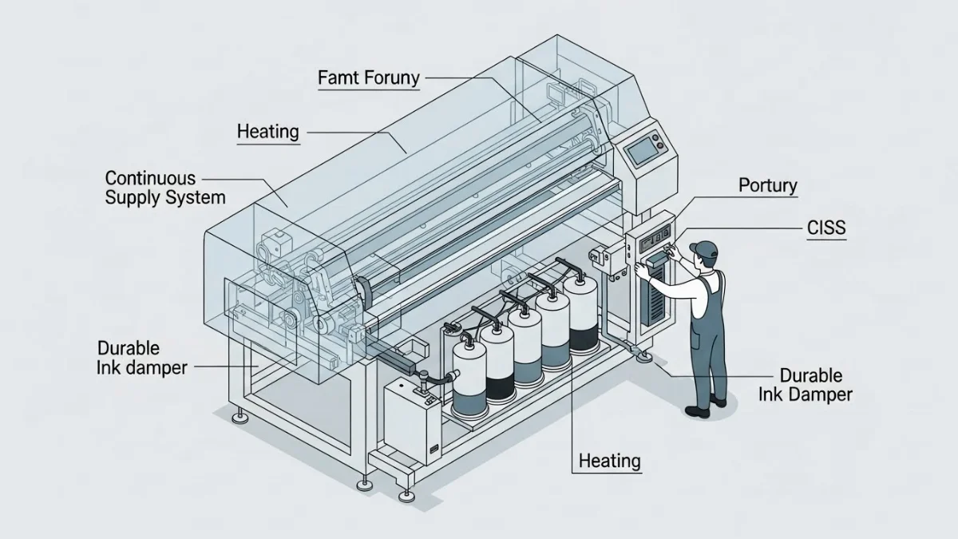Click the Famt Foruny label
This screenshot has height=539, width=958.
click(368, 78)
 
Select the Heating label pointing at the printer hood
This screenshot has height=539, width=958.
click(268, 132)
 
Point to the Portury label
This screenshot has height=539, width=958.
click(768, 186)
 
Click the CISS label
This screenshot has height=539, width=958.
click(826, 229)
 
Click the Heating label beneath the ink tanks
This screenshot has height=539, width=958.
click(610, 461)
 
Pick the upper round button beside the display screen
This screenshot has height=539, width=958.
click(659, 141)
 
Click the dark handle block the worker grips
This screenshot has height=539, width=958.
click(656, 260)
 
